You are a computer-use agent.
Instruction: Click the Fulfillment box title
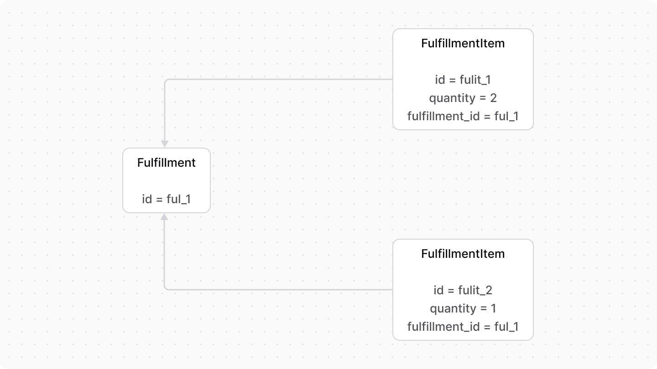pos(166,163)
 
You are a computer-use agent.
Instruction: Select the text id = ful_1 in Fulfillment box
pos(166,199)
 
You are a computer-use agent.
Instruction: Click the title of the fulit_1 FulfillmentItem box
pos(463,43)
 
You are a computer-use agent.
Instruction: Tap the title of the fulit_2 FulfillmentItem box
pos(463,254)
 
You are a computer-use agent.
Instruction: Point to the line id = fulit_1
pos(463,80)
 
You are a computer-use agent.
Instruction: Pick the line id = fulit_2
pos(463,290)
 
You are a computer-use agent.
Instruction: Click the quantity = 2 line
pos(463,98)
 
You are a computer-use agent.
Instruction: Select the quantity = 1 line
pos(463,308)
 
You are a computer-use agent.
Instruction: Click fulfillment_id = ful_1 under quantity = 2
pos(463,116)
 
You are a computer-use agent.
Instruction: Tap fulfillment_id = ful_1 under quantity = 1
pos(463,327)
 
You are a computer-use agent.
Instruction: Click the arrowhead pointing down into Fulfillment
pos(165,144)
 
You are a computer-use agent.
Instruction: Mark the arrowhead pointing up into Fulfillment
pos(165,217)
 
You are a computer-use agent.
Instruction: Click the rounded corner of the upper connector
pos(166,81)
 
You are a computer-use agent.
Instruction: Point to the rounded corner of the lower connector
pos(166,288)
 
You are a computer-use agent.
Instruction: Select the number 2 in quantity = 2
pos(493,98)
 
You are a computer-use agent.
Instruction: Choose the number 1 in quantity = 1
pos(493,308)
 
